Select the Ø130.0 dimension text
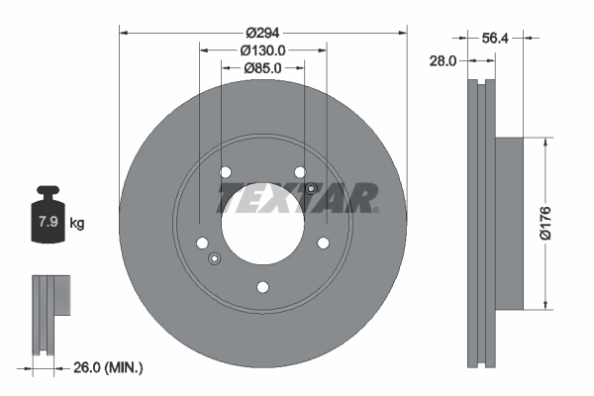pyautogui.click(x=263, y=49)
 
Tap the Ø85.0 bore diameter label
pyautogui.click(x=263, y=68)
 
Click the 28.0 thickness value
pyautogui.click(x=443, y=60)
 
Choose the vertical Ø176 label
pyautogui.click(x=558, y=223)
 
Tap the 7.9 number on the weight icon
pyautogui.click(x=47, y=223)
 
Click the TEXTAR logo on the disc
pyautogui.click(x=297, y=197)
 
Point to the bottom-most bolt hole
pyautogui.click(x=262, y=288)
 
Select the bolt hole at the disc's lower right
pyautogui.click(x=323, y=243)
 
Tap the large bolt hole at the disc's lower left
pyautogui.click(x=202, y=244)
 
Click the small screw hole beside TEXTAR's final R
pyautogui.click(x=311, y=189)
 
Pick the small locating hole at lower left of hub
pyautogui.click(x=214, y=259)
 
